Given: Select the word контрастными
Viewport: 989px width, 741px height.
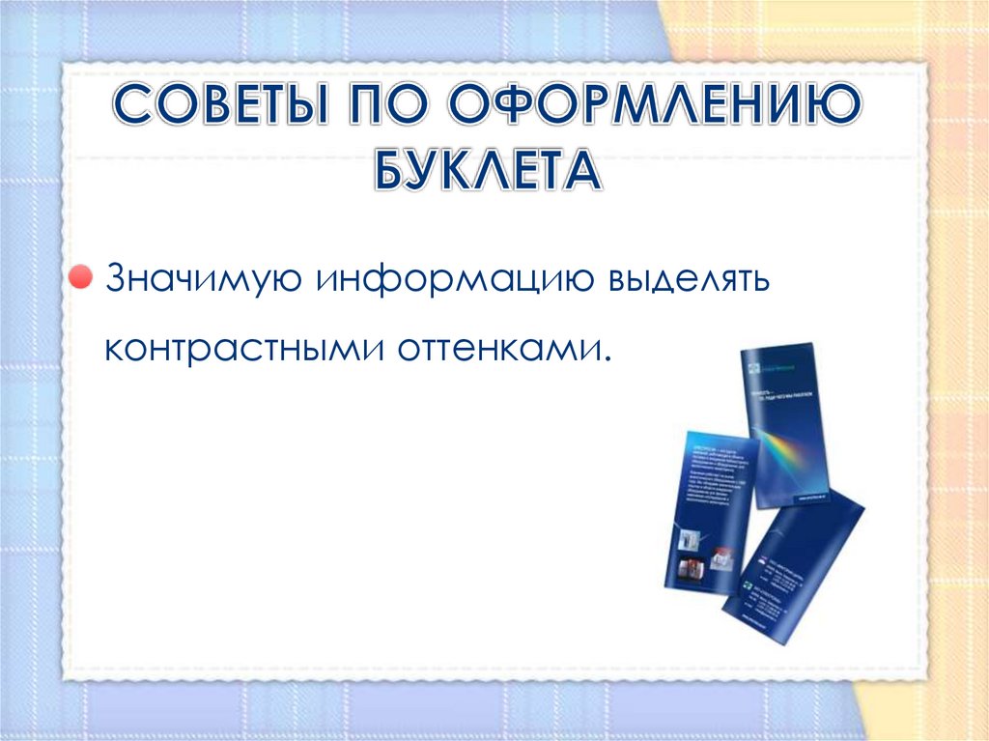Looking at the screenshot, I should tap(242, 345).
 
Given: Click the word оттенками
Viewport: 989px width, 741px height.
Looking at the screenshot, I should tap(501, 345).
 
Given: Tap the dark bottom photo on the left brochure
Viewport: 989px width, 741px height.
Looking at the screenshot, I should tap(692, 570).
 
